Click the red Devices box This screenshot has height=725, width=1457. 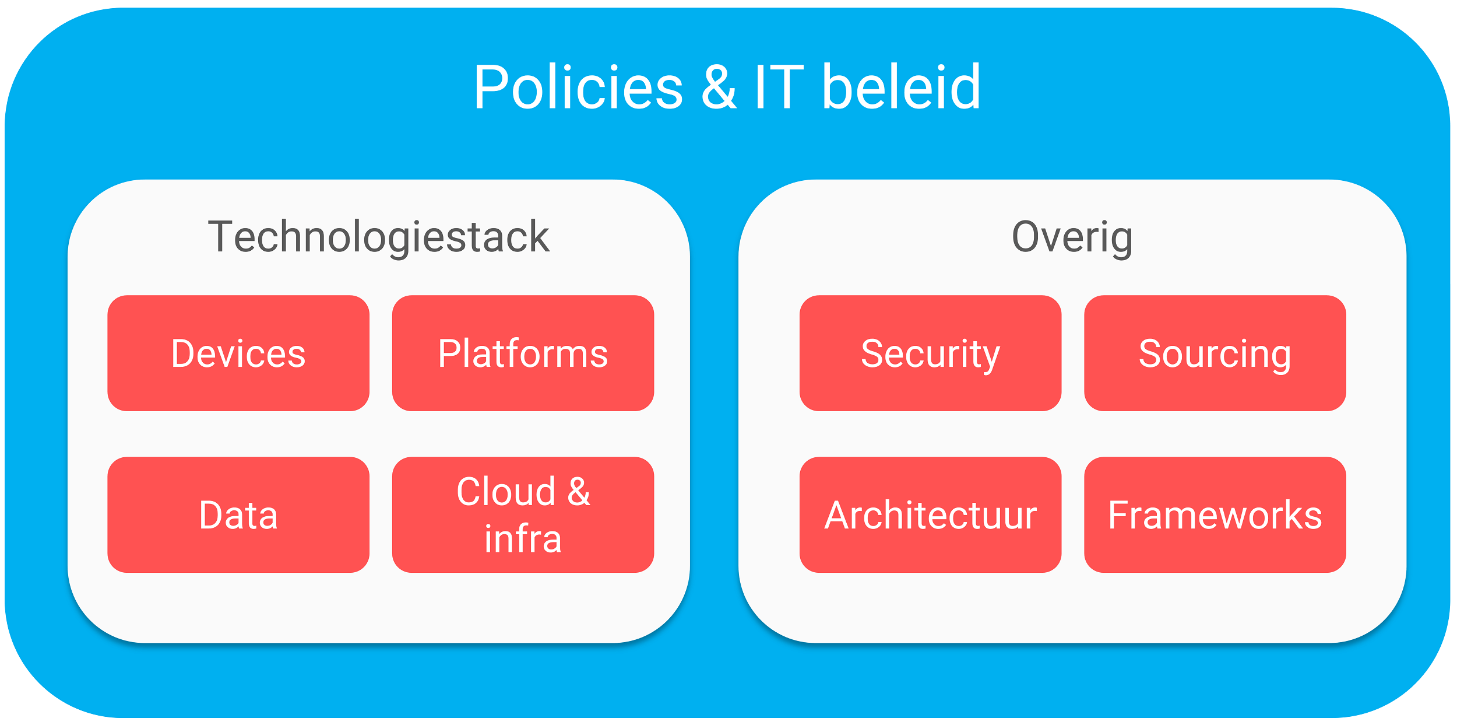pos(238,353)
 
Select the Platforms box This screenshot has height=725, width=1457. pos(523,353)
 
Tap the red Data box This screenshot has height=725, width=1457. pos(238,514)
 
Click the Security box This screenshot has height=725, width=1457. pos(930,353)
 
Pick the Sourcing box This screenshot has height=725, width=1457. pos(1215,353)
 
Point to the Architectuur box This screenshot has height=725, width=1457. pos(930,514)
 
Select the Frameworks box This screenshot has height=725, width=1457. pos(1215,514)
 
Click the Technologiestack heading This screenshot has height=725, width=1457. pos(379,237)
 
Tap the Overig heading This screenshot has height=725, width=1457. pos(1072,237)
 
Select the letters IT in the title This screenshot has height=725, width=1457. pos(779,87)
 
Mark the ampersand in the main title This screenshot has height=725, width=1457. pos(719,87)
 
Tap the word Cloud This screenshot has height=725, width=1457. pos(506,491)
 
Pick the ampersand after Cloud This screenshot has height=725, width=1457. pos(579,491)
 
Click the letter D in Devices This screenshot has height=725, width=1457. pos(182,353)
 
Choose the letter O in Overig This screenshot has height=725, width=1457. pos(1026,237)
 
